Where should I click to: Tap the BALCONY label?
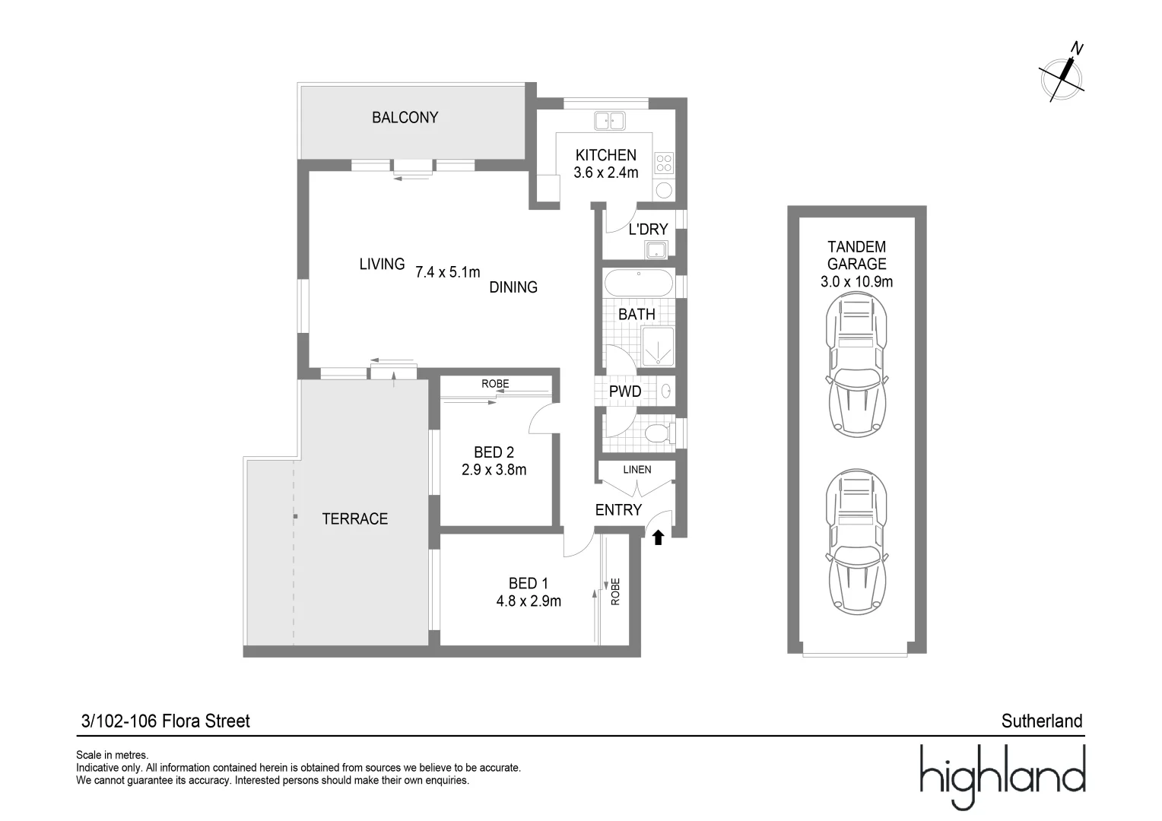pyautogui.click(x=405, y=118)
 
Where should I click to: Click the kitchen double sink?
pyautogui.click(x=609, y=120)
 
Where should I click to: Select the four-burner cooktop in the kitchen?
pyautogui.click(x=664, y=163)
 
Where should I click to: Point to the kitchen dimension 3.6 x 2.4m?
pyautogui.click(x=605, y=173)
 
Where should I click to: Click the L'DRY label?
pyautogui.click(x=648, y=229)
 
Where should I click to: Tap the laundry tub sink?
pyautogui.click(x=655, y=249)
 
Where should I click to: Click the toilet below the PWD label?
pyautogui.click(x=656, y=435)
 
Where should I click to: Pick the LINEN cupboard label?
pyautogui.click(x=637, y=470)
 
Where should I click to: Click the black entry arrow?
pyautogui.click(x=658, y=538)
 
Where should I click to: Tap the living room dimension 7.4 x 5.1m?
pyautogui.click(x=447, y=272)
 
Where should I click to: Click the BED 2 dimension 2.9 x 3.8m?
pyautogui.click(x=494, y=470)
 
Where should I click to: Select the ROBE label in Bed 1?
pyautogui.click(x=615, y=592)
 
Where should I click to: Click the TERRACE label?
pyautogui.click(x=354, y=519)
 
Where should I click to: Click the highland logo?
pyautogui.click(x=1002, y=776)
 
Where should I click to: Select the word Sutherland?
pyautogui.click(x=1041, y=721)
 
